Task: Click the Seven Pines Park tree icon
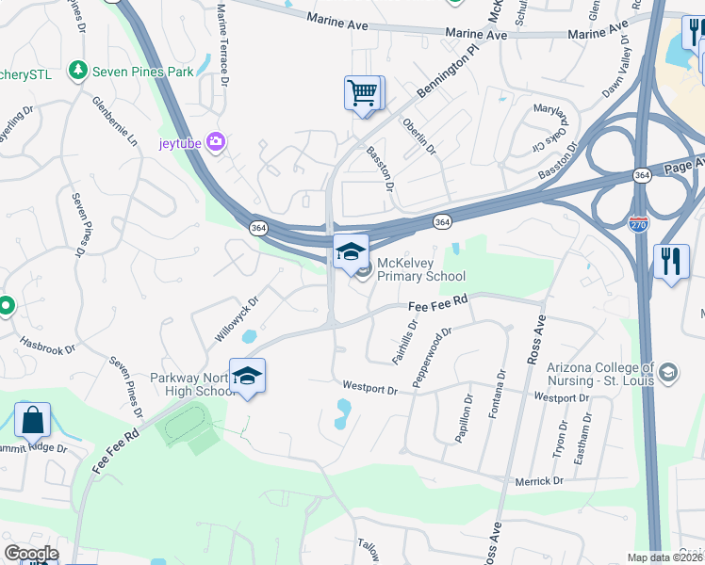(x=76, y=71)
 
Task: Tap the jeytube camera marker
(x=217, y=142)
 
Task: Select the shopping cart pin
(x=363, y=93)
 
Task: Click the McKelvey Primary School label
(x=421, y=270)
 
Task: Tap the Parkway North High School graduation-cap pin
(x=247, y=377)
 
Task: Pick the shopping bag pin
(x=32, y=420)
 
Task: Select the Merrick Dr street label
(x=538, y=481)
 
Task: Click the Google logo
(x=31, y=554)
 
